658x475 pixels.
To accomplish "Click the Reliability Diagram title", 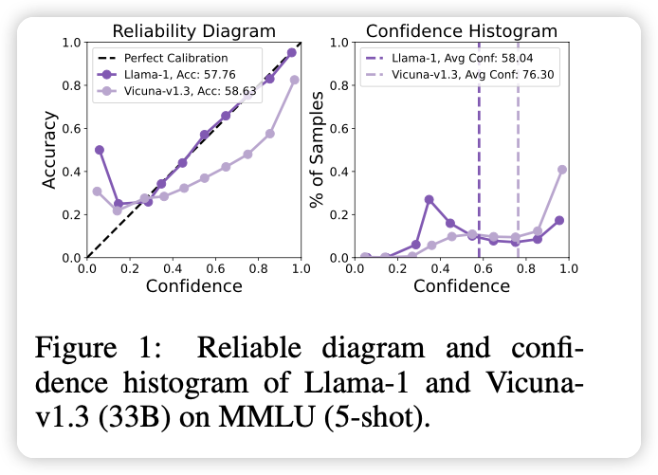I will (193, 30).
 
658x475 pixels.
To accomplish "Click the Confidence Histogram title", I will (461, 30).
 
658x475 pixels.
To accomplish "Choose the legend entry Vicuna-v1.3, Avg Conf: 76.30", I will (463, 74).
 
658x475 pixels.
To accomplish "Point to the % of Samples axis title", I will (317, 150).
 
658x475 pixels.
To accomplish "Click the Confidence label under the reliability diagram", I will (193, 284).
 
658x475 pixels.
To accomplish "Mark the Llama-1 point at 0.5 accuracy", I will (100, 150).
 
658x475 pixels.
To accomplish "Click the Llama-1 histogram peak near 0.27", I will (430, 199).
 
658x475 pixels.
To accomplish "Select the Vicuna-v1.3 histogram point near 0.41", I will (562, 170).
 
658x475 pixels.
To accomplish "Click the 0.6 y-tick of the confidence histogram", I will (338, 129).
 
